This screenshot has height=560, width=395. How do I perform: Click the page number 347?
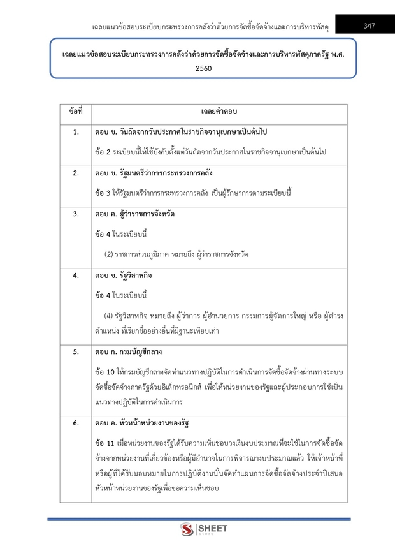pos(369,26)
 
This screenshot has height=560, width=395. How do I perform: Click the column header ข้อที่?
pos(76,112)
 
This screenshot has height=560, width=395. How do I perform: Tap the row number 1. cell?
pos(76,132)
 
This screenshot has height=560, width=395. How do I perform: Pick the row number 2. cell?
pos(76,173)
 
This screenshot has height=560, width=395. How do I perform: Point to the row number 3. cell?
pos(76,214)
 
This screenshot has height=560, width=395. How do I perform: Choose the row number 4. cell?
pos(76,276)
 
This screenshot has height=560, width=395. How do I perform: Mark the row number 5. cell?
pos(76,351)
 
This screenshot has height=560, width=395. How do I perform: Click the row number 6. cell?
pos(76,423)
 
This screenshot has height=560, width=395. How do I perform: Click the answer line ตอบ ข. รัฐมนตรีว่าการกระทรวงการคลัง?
pos(154,173)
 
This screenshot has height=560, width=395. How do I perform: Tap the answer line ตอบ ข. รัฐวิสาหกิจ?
pos(124,276)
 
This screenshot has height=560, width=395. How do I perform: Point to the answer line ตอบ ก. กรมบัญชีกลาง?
pos(134,351)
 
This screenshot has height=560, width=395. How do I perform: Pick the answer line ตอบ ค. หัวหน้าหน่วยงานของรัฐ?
pos(143,423)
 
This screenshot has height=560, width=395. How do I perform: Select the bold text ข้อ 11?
pos(104,443)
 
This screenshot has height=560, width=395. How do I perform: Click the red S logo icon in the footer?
pos(187,530)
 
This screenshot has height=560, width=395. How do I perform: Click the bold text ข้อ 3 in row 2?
pos(103,193)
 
